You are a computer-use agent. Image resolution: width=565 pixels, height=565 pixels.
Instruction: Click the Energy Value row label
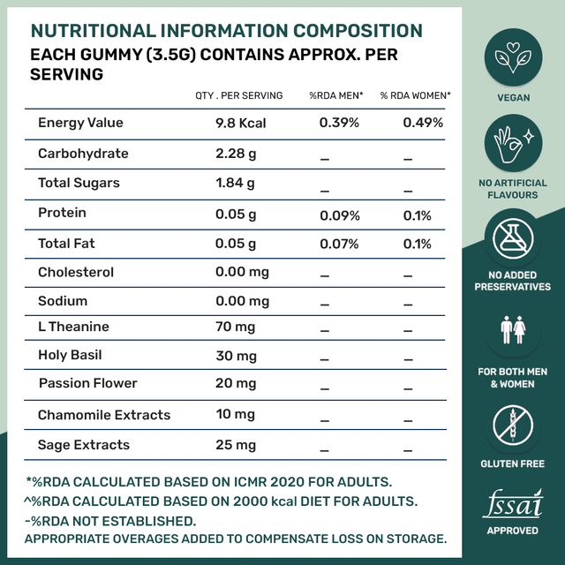[80, 123]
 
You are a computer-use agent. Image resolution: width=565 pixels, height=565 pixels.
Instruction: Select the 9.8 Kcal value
[240, 123]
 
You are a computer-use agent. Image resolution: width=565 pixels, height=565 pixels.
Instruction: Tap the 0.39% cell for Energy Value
[339, 123]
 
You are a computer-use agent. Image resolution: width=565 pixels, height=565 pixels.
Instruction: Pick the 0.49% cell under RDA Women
[423, 123]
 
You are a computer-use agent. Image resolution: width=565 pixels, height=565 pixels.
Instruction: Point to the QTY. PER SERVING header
[239, 95]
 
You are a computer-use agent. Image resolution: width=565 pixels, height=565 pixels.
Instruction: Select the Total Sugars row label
[79, 183]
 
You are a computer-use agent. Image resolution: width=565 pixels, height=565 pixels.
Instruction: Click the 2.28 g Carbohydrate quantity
[235, 154]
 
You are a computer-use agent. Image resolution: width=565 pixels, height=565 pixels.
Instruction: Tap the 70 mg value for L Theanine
[236, 327]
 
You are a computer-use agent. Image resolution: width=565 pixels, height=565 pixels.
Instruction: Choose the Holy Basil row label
[70, 355]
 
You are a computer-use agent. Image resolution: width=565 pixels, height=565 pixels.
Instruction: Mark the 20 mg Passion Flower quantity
[236, 383]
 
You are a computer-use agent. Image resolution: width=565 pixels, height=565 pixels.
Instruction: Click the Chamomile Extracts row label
[104, 415]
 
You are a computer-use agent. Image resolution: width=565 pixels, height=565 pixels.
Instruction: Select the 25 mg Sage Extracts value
[236, 445]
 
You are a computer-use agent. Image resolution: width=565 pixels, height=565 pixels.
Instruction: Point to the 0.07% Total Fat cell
[339, 243]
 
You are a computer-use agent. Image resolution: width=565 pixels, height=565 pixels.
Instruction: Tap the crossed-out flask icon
[512, 244]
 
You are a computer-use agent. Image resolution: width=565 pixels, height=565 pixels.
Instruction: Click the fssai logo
[512, 505]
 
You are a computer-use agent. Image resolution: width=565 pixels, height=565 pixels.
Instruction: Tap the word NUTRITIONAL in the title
[100, 30]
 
